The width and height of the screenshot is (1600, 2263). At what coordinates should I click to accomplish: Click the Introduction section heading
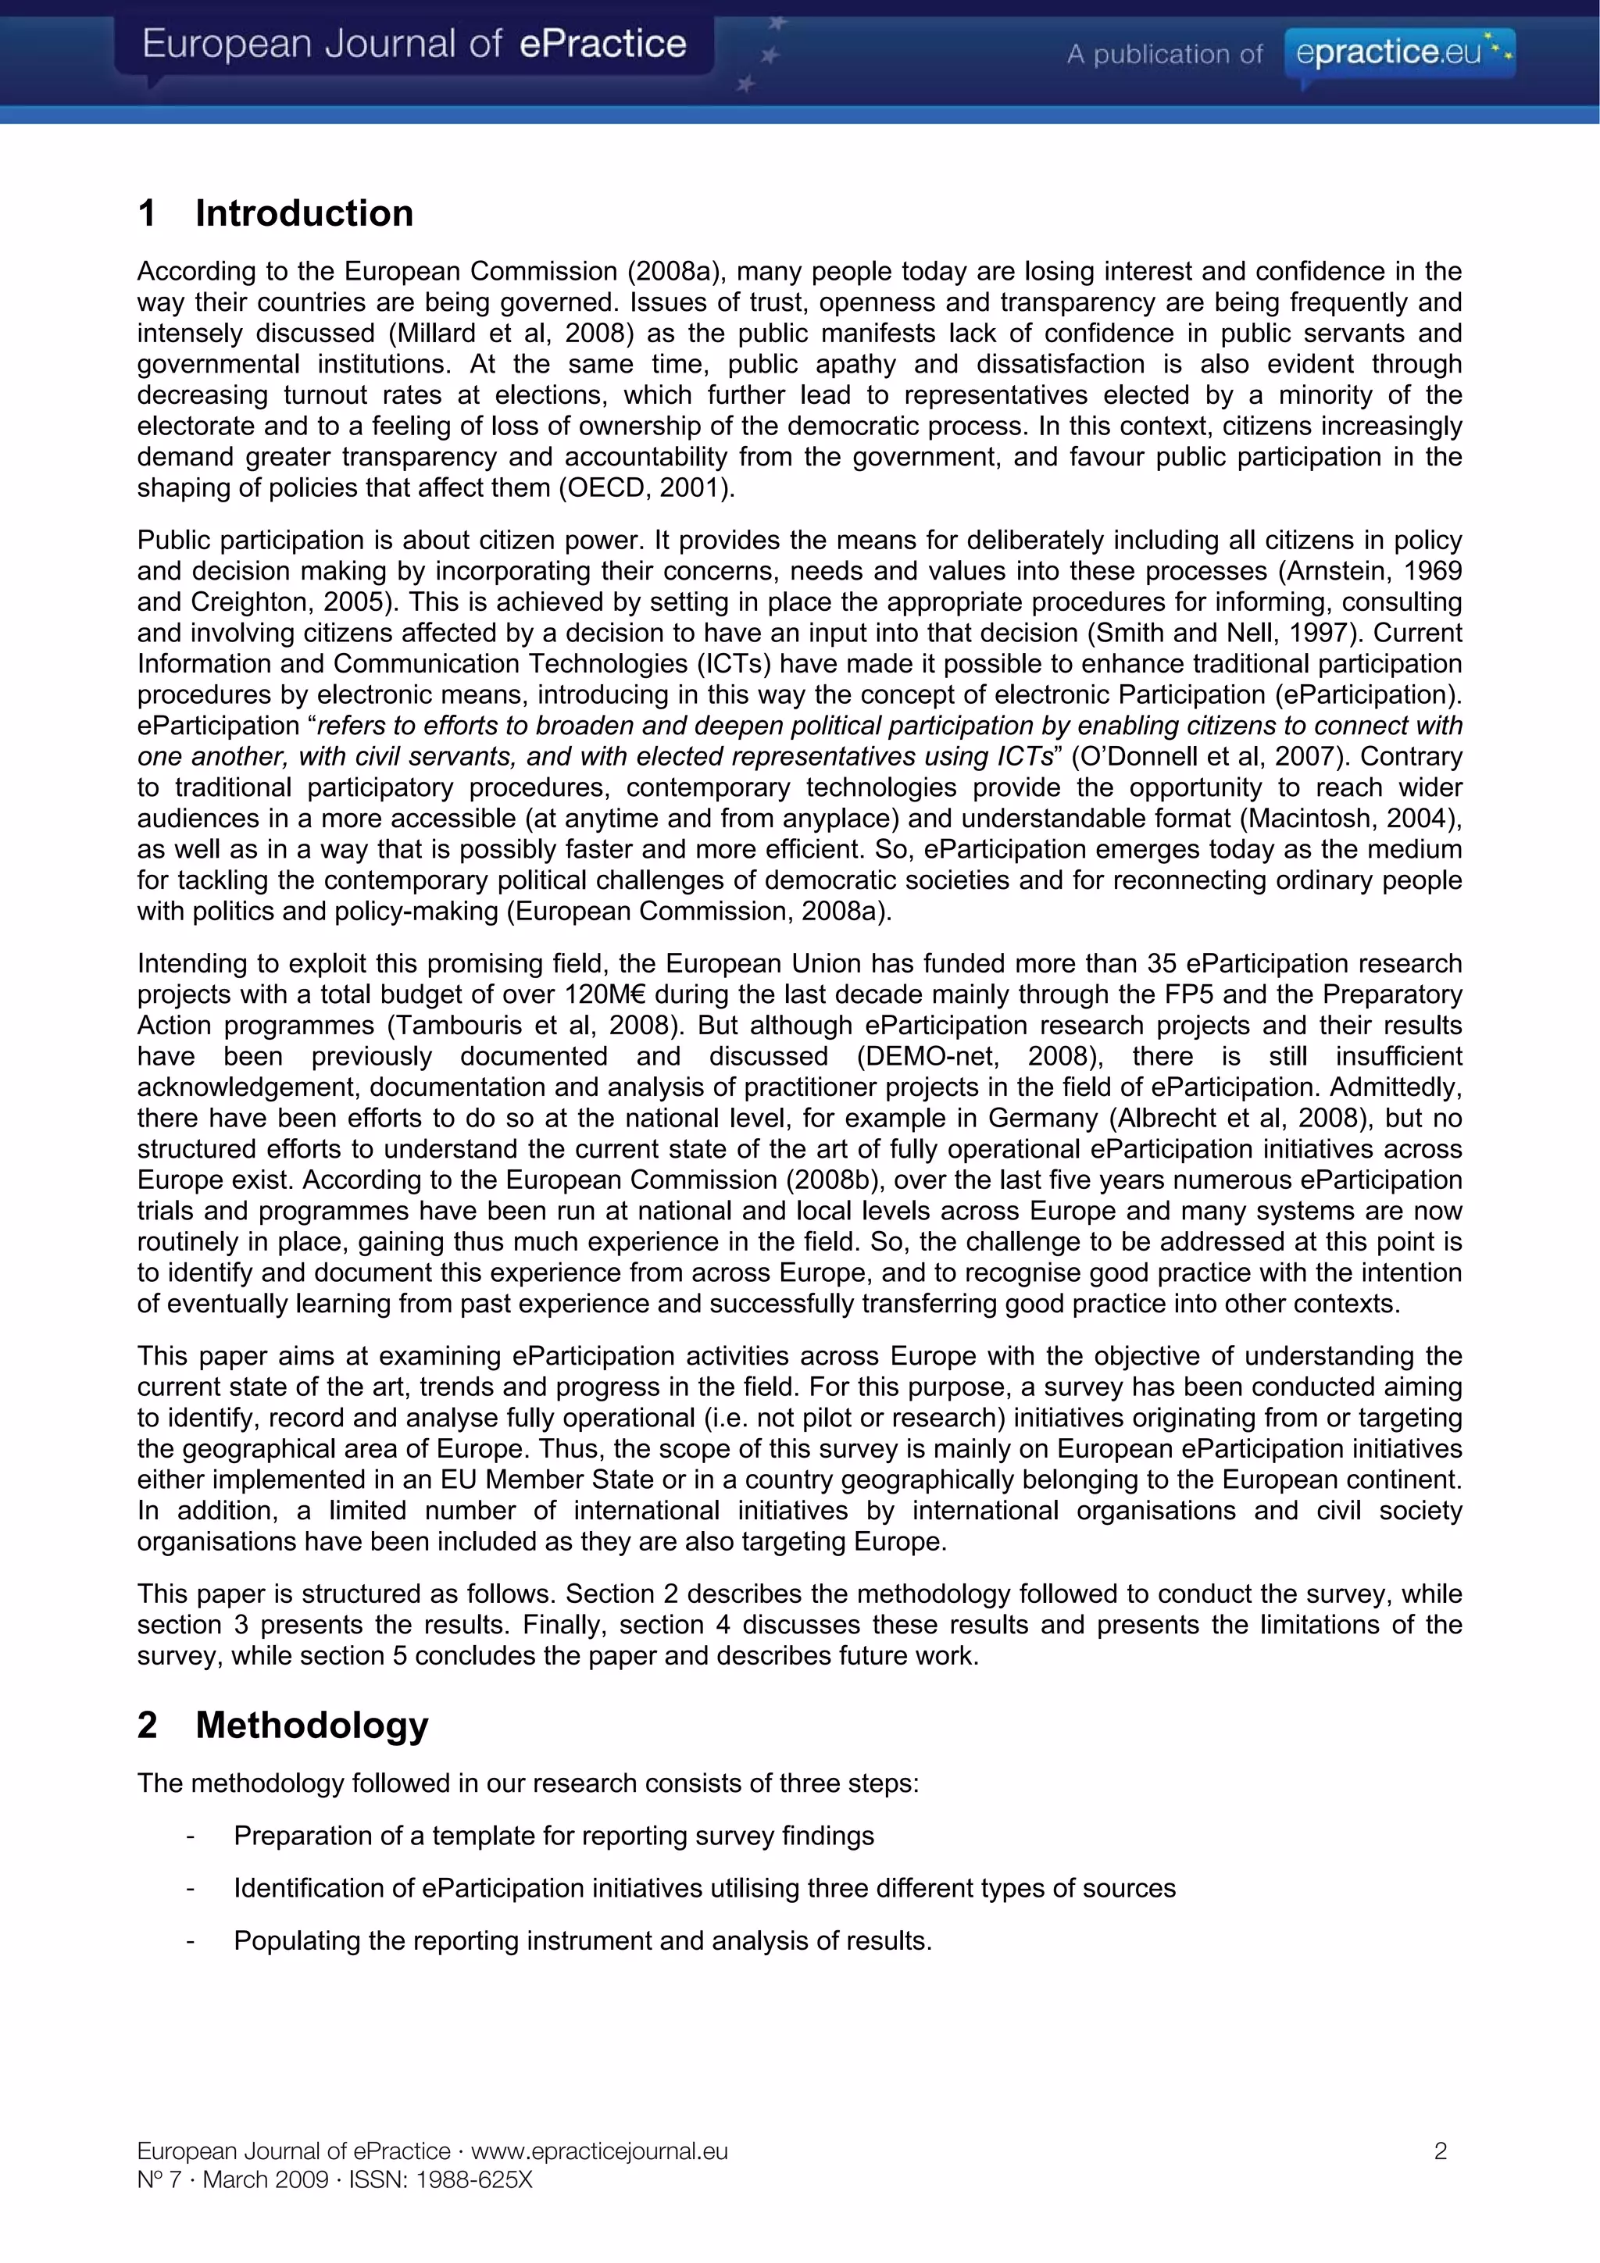304,213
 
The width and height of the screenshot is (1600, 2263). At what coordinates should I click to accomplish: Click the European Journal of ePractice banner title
414,45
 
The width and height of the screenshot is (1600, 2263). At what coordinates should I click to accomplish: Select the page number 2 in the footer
1441,2151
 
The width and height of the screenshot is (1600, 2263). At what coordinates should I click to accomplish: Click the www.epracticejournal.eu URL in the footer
598,2151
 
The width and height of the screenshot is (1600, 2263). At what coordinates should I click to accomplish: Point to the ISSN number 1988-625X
473,2180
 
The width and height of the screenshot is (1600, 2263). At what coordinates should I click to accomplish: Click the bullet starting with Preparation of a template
553,1835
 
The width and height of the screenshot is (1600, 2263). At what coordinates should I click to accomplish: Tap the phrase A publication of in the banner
1163,54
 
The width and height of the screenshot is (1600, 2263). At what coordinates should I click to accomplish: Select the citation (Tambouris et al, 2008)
534,1025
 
